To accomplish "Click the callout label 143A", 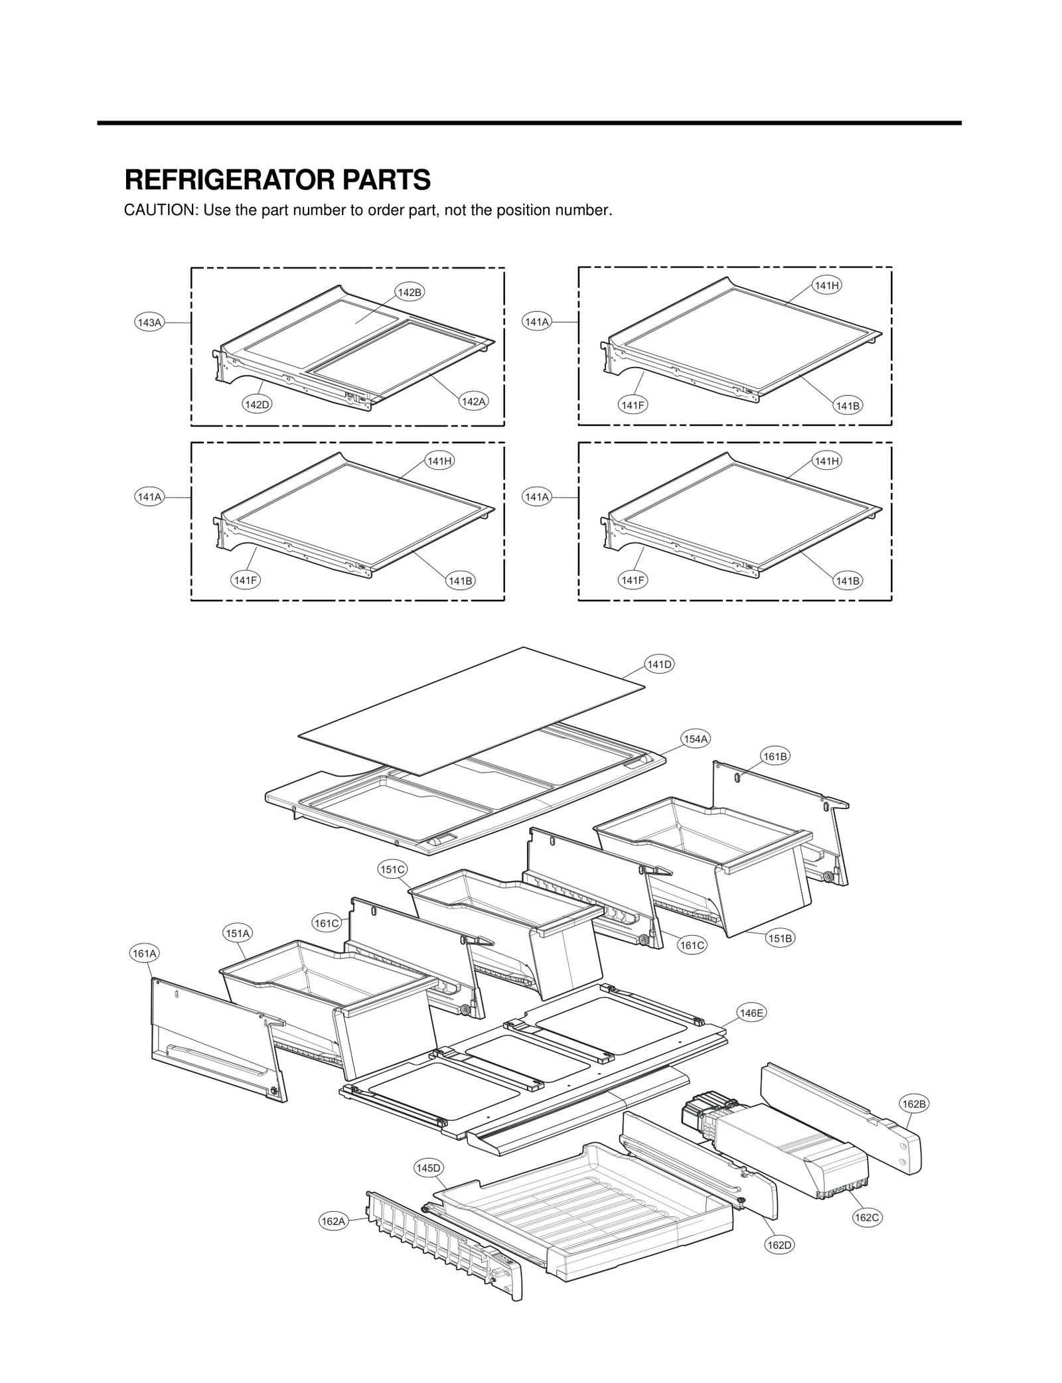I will click(x=149, y=323).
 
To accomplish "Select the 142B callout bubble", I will click(x=409, y=292).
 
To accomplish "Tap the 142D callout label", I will click(x=257, y=404).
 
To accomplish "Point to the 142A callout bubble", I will click(x=473, y=401).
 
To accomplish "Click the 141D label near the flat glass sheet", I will click(x=660, y=664).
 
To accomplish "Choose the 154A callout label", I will click(x=696, y=739).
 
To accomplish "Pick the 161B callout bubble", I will click(x=775, y=757).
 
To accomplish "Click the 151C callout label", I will click(x=392, y=869).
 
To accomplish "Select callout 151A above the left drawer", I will click(x=237, y=933).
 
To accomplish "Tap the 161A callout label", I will click(x=144, y=954).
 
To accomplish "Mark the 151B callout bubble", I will click(x=781, y=938).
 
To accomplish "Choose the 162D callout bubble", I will click(x=779, y=1245).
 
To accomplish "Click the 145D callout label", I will click(x=428, y=1168).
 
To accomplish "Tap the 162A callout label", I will click(x=333, y=1221).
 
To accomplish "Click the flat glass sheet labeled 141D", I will click(x=471, y=710).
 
